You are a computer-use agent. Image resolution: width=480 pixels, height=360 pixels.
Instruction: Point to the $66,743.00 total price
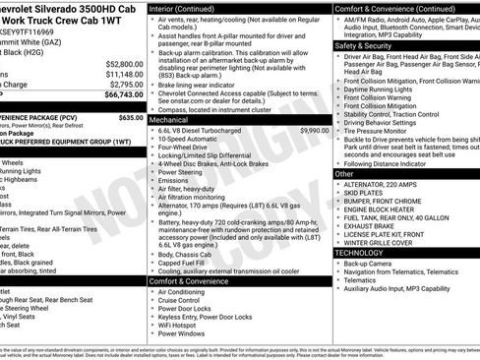pos(119,96)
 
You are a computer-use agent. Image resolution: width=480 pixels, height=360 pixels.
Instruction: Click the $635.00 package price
pos(131,117)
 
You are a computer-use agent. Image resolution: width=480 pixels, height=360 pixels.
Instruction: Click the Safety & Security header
pos(363,45)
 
